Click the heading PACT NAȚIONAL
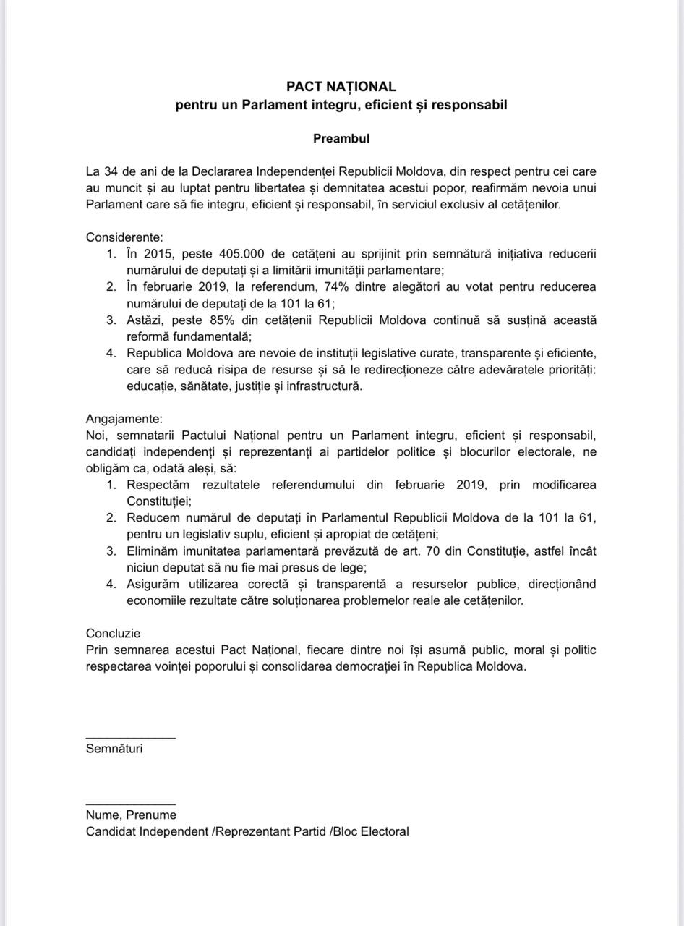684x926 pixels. [x=341, y=87]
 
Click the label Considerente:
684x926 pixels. [x=124, y=238]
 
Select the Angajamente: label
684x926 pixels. [x=124, y=420]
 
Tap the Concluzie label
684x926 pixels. [x=113, y=634]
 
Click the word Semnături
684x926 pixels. [x=114, y=749]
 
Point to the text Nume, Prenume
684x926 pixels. [x=131, y=815]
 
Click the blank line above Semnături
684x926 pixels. [x=130, y=738]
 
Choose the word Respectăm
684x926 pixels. [x=158, y=485]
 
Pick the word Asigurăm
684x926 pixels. [x=153, y=584]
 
